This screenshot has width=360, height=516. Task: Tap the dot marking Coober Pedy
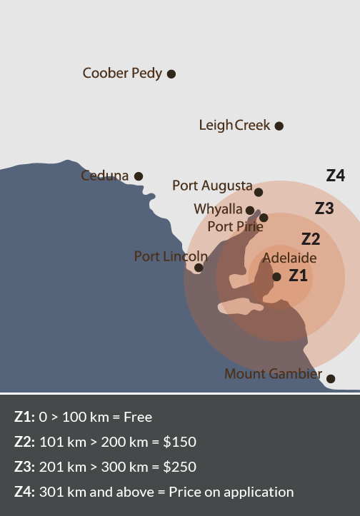point(171,73)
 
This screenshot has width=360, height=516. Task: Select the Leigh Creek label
point(234,126)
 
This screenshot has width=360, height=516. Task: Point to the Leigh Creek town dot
point(279,126)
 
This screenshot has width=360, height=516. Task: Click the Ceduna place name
point(105,176)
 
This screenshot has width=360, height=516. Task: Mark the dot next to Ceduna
point(139,176)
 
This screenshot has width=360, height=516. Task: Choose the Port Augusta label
point(212,186)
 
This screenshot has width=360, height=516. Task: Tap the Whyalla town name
point(218,209)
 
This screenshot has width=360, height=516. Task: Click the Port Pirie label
point(235,227)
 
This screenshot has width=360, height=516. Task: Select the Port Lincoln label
point(171,256)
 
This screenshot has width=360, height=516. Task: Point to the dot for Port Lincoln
point(199,268)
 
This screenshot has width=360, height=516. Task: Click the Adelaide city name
point(289,258)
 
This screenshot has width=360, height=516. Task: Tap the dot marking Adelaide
point(277,277)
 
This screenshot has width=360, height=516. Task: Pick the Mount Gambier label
point(272,374)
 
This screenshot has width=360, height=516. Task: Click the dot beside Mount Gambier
point(331,378)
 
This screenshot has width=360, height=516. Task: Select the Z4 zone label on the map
point(336,176)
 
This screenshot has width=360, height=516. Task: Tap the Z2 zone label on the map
point(310,239)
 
